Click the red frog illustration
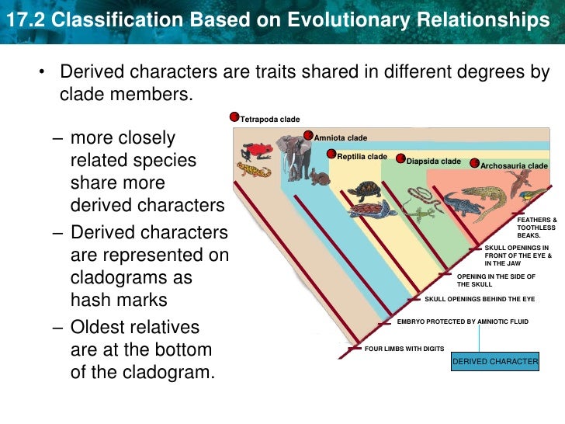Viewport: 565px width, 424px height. [255, 150]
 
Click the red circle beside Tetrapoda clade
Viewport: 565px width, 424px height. [234, 117]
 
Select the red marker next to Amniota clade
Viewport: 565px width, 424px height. [309, 137]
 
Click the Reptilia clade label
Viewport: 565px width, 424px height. [362, 157]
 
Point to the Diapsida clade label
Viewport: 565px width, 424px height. [433, 162]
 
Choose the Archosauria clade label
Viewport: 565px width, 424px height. [514, 166]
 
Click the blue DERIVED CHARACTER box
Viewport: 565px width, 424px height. [495, 362]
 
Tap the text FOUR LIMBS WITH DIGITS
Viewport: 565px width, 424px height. [404, 349]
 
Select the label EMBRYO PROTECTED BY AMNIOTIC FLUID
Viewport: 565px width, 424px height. [463, 321]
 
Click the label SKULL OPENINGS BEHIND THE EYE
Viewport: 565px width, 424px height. [480, 299]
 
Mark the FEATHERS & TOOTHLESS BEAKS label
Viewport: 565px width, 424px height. [536, 227]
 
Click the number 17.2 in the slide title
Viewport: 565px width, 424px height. [22, 20]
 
